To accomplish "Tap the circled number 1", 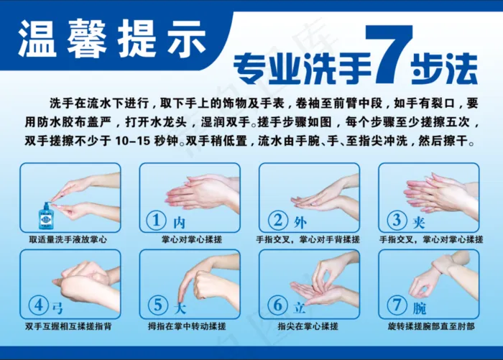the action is (x=156, y=221).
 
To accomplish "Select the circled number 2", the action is (x=278, y=220).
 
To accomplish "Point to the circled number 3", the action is (x=397, y=220).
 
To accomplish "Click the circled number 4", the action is (x=39, y=305).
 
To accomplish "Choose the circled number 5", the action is (x=158, y=305).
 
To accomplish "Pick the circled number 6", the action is (x=278, y=305).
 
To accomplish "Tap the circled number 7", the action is (x=397, y=305).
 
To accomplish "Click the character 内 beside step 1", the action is (x=179, y=222).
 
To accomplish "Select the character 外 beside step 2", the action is (x=300, y=222).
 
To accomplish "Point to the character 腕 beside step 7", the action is (x=419, y=308).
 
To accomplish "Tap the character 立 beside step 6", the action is (x=299, y=308).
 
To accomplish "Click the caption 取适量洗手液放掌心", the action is (x=68, y=240).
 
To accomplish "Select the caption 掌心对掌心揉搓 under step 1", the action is (x=192, y=240).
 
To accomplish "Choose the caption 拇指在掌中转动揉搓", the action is (x=187, y=327).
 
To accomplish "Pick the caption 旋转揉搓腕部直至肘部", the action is (x=431, y=327).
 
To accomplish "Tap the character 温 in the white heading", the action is (x=37, y=39).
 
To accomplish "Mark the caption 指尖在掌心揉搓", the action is (x=308, y=327).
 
